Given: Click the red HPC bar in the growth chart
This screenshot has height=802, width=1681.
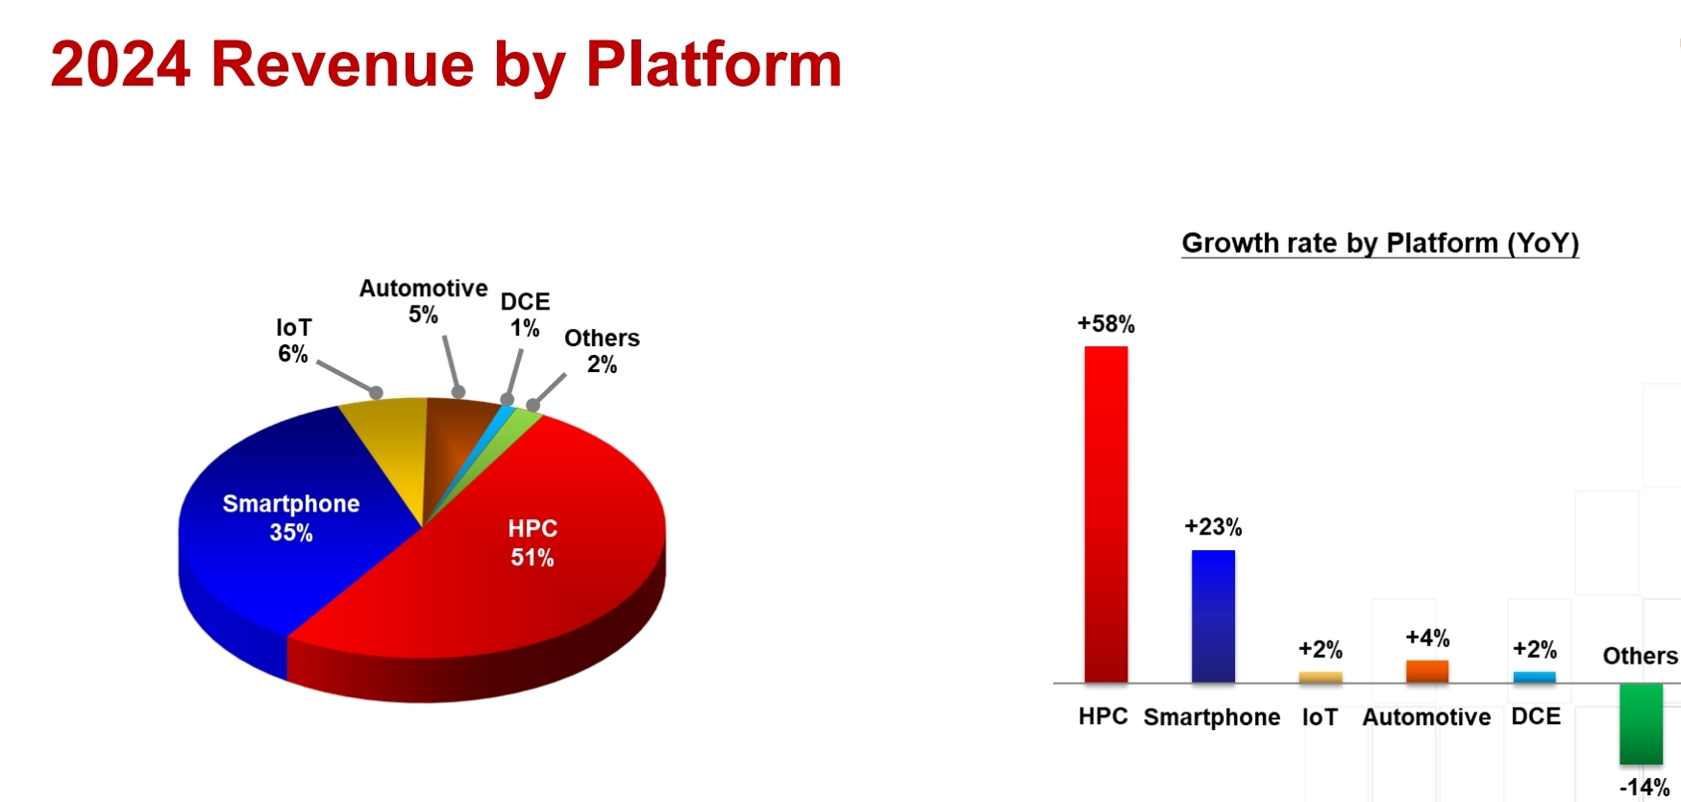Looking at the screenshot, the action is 1106,514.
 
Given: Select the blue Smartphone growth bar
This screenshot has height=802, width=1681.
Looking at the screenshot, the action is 1213,616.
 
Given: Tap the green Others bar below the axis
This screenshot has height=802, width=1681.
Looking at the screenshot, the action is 1641,724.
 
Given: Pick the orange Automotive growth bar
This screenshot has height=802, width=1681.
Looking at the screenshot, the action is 1427,671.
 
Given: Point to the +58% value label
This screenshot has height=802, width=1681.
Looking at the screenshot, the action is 1106,324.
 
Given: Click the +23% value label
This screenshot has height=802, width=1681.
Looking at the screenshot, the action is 1213,527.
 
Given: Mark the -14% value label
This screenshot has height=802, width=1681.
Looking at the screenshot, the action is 1644,788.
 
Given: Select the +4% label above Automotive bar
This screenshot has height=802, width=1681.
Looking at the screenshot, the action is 1427,638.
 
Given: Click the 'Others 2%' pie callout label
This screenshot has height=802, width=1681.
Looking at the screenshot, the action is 602,351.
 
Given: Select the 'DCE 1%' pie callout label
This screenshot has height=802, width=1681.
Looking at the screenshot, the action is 525,314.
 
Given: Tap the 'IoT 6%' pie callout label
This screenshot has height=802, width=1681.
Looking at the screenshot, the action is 293,340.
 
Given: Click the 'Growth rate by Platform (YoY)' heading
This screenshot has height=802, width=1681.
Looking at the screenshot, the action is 1380,243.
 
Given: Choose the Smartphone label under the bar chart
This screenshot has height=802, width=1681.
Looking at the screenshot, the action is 1212,717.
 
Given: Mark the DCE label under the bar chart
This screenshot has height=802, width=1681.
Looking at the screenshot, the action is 1536,716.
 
